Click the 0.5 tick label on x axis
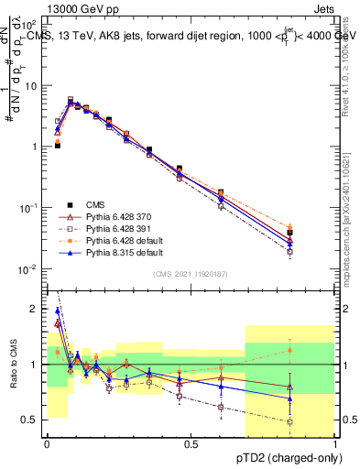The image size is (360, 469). (x=191, y=443)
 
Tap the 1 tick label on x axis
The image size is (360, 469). (x=335, y=443)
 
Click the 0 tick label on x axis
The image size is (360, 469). (x=47, y=443)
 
